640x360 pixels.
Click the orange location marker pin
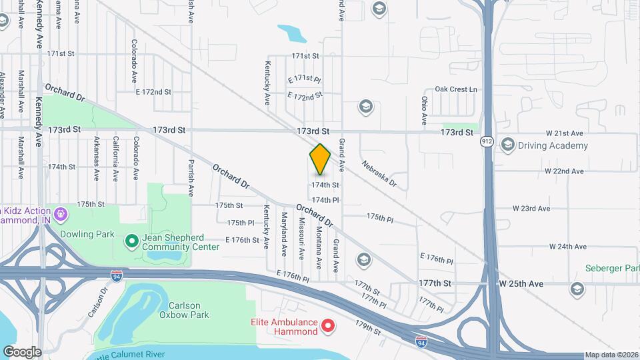click(x=320, y=159)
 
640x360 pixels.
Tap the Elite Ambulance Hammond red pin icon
click(x=328, y=326)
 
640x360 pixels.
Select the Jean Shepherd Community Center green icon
click(x=131, y=240)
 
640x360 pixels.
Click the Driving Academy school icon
click(x=508, y=145)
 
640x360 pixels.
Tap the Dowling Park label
click(x=87, y=235)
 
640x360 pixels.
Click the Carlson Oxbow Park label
click(x=185, y=309)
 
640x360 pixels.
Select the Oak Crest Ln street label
click(x=456, y=89)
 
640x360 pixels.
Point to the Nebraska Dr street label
click(x=379, y=173)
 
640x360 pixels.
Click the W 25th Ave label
click(x=521, y=283)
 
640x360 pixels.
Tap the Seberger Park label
click(x=611, y=268)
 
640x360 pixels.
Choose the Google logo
click(x=22, y=351)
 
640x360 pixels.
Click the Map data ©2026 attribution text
click(x=611, y=355)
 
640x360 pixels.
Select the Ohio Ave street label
click(x=424, y=111)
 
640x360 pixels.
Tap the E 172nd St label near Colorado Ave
click(x=153, y=91)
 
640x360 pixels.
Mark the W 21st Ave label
click(x=564, y=133)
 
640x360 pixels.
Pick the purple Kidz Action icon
click(x=61, y=214)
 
